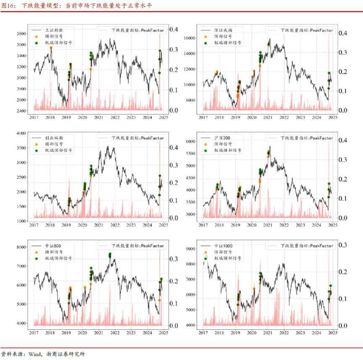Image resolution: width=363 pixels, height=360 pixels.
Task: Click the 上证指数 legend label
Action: (53, 30)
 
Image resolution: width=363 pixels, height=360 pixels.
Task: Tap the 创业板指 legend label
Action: (53, 138)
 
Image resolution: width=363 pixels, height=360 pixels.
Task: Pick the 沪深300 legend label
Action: (223, 138)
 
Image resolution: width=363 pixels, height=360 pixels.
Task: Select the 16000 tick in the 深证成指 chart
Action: (191, 38)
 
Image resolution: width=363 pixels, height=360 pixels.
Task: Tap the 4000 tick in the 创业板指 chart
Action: (21, 133)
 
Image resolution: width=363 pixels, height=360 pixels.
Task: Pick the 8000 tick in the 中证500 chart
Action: (21, 247)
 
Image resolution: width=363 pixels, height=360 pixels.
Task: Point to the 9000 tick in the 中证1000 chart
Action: (191, 249)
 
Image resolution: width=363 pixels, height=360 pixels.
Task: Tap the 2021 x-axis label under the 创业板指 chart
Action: (98, 225)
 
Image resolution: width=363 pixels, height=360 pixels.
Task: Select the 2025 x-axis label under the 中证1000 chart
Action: (332, 333)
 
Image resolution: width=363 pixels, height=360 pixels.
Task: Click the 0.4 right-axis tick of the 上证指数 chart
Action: (174, 29)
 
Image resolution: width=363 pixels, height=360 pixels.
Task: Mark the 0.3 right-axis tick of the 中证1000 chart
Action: (343, 245)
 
